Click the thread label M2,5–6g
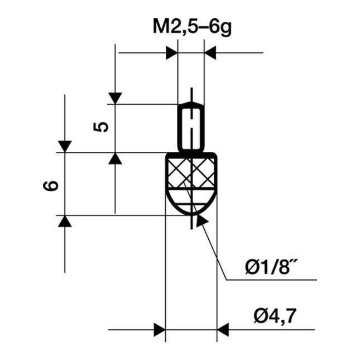(x=191, y=26)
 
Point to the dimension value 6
(x=52, y=186)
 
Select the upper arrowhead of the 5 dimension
(x=115, y=98)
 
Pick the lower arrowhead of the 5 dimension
(x=115, y=159)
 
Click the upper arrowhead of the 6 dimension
(x=65, y=146)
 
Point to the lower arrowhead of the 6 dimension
(x=65, y=221)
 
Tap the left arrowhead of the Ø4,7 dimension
(x=160, y=329)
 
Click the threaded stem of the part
(x=191, y=127)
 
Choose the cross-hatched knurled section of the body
(x=191, y=174)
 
